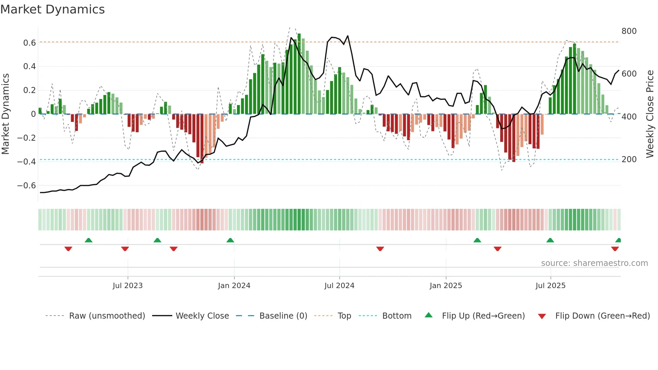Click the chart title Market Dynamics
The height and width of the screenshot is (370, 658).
[x=53, y=9]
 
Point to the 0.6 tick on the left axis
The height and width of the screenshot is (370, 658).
[x=30, y=43]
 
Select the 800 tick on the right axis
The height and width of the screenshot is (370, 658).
[x=629, y=31]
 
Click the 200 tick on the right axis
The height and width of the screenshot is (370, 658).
[x=629, y=159]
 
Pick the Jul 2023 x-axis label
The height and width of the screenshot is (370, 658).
[x=128, y=286]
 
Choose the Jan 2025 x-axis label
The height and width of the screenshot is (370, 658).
[x=446, y=286]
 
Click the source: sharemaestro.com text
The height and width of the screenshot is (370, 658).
[x=594, y=263]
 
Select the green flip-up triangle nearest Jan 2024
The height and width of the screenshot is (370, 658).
[x=230, y=240]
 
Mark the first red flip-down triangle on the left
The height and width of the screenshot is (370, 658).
[x=68, y=249]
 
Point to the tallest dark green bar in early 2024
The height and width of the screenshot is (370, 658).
[x=299, y=74]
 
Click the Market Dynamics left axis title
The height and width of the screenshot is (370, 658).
[x=6, y=114]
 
